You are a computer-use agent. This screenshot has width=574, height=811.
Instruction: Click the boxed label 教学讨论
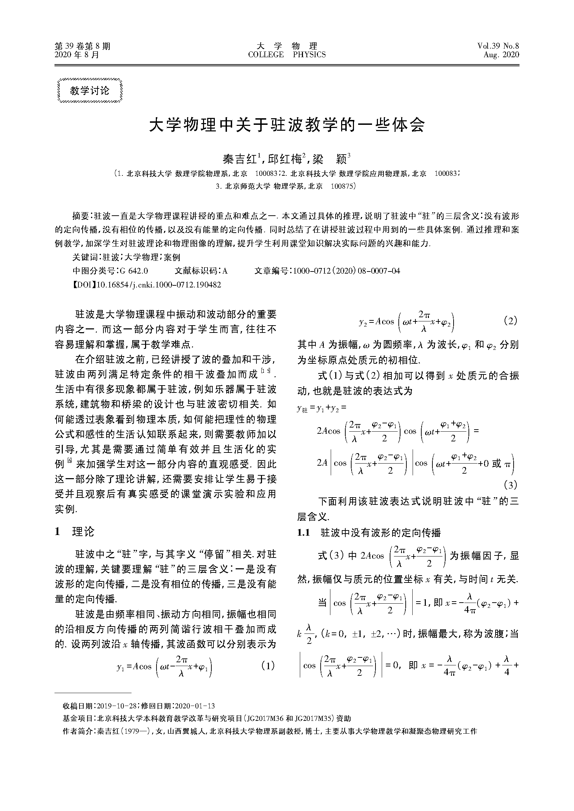pos(90,91)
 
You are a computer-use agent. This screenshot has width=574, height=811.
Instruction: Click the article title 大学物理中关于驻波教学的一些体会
pos(287,125)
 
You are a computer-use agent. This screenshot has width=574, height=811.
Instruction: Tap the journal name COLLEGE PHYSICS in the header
pos(287,55)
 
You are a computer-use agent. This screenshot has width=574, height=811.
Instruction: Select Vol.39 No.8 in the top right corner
pos(498,46)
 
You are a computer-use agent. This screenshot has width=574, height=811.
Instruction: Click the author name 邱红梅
pos(286,159)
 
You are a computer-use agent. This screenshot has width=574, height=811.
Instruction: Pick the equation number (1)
pos(267,666)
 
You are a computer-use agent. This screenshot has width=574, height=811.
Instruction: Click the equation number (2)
pos(510,321)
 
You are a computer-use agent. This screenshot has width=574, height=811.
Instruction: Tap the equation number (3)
pos(510,485)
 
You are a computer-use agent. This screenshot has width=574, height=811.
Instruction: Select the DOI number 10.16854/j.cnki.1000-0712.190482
pos(159,285)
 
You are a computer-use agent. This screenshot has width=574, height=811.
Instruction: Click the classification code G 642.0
pos(134,271)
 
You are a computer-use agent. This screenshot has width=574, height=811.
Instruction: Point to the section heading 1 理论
pos(75,532)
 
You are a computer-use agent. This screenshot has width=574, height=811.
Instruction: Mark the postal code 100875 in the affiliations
pos(343,187)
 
